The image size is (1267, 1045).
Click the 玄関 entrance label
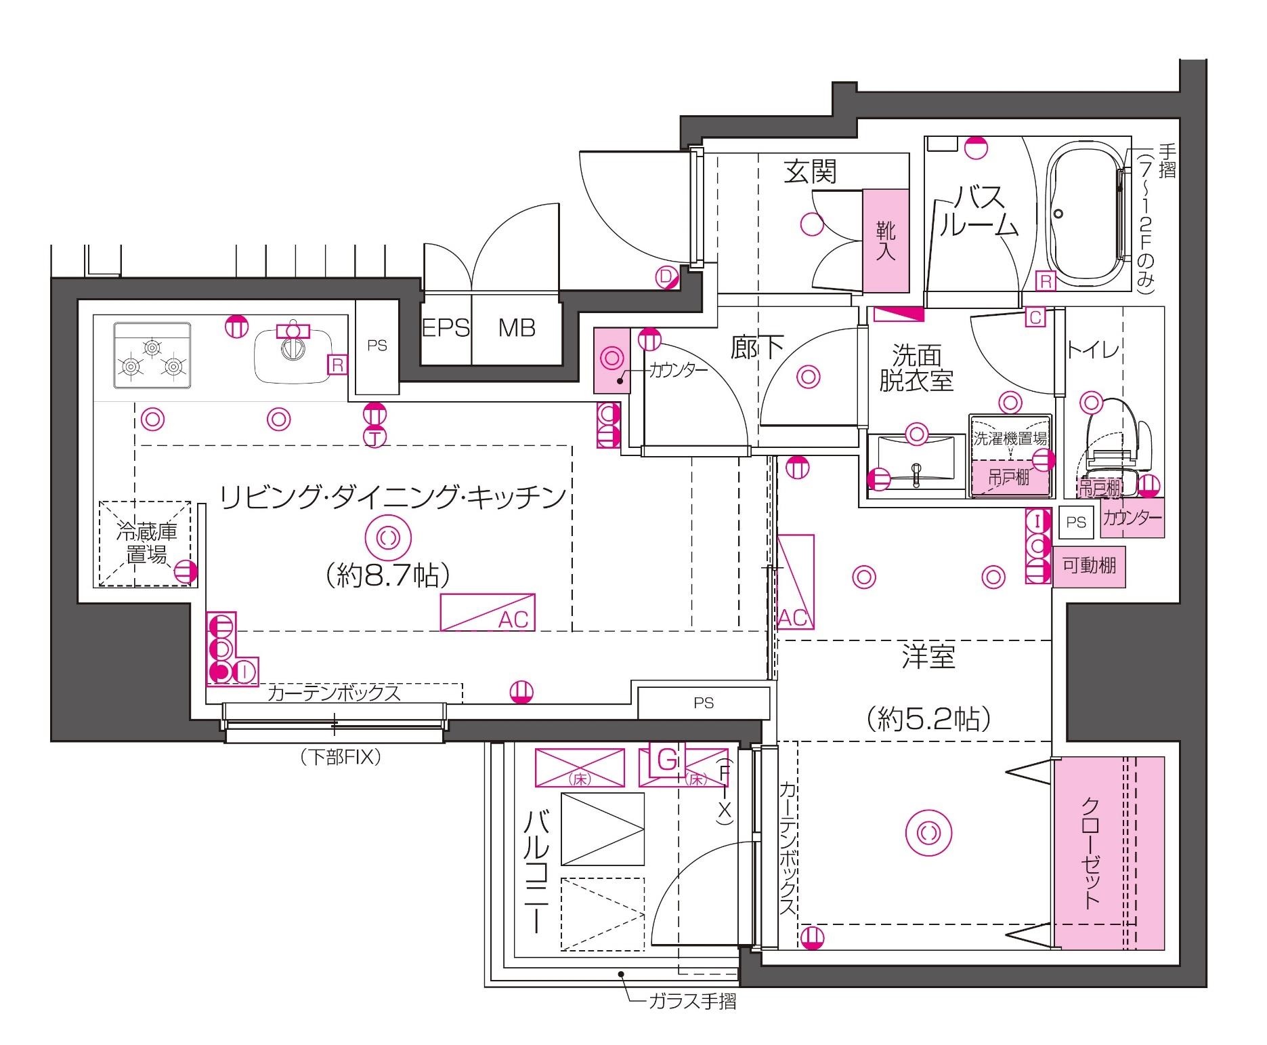(x=810, y=171)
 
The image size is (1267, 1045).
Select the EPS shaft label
(x=446, y=329)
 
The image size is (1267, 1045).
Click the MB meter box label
(x=517, y=329)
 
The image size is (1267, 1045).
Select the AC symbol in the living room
(x=488, y=613)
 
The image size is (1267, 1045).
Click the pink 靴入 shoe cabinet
(x=885, y=241)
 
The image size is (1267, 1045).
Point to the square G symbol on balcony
(x=667, y=760)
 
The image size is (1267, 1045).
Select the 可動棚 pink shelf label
(x=1089, y=565)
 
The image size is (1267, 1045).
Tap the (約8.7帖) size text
(x=387, y=576)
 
